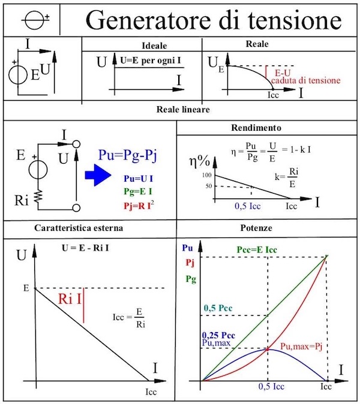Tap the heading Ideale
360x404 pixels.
tap(154, 46)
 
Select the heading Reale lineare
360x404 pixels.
tap(183, 110)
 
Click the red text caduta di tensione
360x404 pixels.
tap(305, 80)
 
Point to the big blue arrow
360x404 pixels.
tap(98, 175)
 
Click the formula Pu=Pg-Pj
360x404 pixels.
tap(127, 155)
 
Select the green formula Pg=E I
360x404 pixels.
tap(138, 191)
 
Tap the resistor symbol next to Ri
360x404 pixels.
tap(38, 197)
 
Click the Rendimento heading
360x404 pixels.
tap(256, 128)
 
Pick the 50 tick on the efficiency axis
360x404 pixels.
tap(208, 186)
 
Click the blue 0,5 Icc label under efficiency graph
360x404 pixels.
tap(248, 206)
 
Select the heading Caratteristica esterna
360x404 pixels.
tap(79, 228)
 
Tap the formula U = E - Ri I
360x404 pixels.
tap(85, 248)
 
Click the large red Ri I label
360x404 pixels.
tap(70, 299)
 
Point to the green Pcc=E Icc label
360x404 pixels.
tap(257, 250)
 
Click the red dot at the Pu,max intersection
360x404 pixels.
tap(268, 349)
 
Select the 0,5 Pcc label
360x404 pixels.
tap(218, 308)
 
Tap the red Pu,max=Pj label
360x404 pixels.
tap(301, 346)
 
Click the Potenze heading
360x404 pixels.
tap(256, 228)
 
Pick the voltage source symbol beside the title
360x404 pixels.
tap(37, 20)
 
